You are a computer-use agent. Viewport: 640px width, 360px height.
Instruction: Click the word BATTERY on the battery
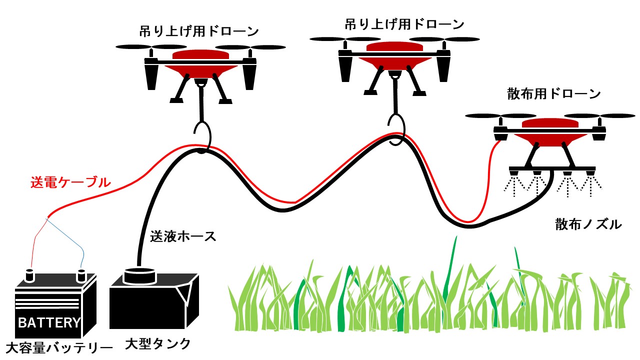click(49, 323)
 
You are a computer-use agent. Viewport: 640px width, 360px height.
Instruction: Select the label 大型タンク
click(157, 344)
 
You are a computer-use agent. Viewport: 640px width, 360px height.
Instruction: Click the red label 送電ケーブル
click(70, 183)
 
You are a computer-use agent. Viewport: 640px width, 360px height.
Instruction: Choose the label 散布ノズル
click(588, 224)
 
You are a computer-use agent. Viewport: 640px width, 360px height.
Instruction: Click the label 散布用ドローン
click(553, 94)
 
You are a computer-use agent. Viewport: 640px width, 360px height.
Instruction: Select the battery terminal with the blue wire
click(81, 275)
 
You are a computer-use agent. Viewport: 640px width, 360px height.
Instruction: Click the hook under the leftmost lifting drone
click(202, 134)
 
